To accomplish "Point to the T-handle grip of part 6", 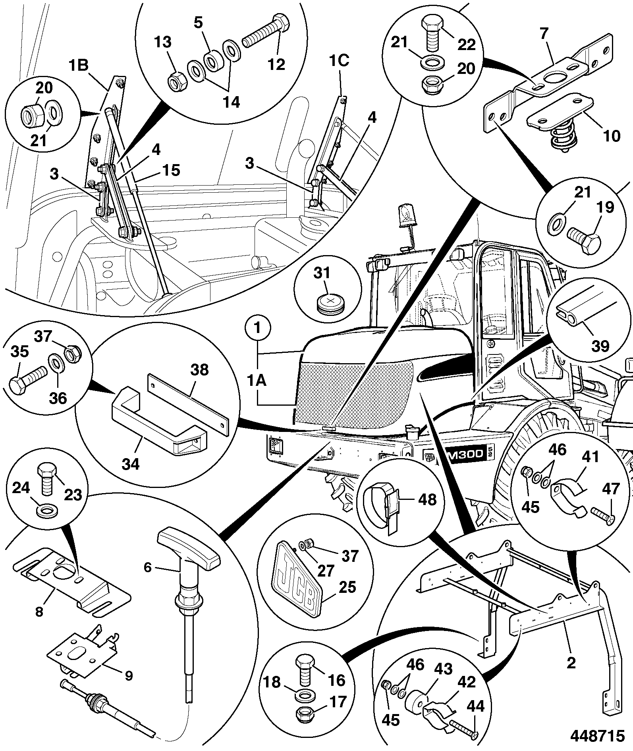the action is click(x=189, y=543).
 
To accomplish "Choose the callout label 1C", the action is click(x=339, y=60).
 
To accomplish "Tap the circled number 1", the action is click(x=258, y=329).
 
